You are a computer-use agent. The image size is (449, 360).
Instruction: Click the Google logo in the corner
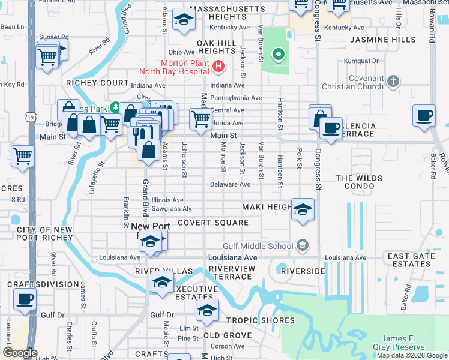click(x=20, y=352)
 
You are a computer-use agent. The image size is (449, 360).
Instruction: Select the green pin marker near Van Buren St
click(x=277, y=55)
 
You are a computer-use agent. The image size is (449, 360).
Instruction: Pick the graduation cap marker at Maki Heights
click(x=303, y=209)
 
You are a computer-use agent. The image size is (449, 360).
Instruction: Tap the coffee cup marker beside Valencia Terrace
click(x=330, y=127)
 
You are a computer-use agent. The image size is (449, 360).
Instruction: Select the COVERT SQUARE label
click(x=212, y=223)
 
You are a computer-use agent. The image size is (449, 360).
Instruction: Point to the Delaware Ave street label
click(x=230, y=185)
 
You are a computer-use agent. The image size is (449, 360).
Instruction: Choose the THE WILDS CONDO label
click(x=365, y=182)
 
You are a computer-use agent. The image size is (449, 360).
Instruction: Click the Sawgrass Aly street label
click(x=171, y=209)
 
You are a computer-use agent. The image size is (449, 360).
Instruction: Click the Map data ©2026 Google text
click(x=412, y=355)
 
